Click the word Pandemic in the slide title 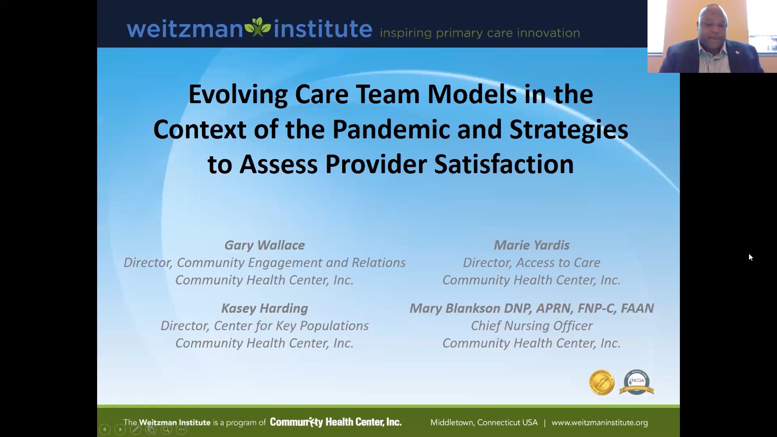tap(391, 129)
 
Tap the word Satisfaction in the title tap(504, 164)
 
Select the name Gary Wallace tap(265, 245)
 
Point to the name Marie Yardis tap(532, 245)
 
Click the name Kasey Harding tap(265, 308)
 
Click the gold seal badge tap(602, 383)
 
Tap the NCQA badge tap(636, 382)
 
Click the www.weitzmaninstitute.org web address tap(600, 422)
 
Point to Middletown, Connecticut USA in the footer tap(484, 422)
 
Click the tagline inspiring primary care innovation tap(480, 33)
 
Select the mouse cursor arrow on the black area tap(751, 257)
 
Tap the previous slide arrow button tap(105, 430)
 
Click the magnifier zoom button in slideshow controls tap(166, 430)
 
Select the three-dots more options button tap(182, 430)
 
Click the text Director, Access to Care tap(532, 263)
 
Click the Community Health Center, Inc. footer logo tap(336, 422)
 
